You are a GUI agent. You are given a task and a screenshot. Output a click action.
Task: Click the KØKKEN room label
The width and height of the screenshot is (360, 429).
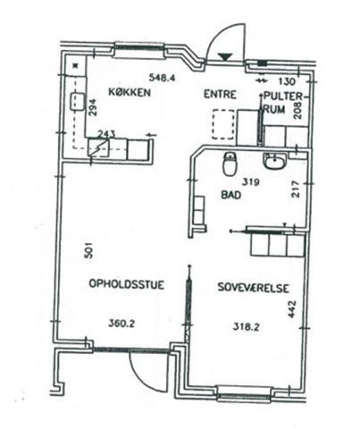pyautogui.click(x=130, y=92)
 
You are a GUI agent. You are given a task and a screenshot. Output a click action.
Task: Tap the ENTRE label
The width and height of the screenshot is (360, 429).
pyautogui.click(x=220, y=95)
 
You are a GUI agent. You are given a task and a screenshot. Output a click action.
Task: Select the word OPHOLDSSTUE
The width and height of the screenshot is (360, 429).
pyautogui.click(x=127, y=284)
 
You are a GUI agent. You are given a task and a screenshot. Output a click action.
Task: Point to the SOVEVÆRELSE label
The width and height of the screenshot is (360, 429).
pyautogui.click(x=253, y=288)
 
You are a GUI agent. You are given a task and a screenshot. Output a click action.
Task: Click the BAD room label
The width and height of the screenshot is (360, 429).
pyautogui.click(x=231, y=195)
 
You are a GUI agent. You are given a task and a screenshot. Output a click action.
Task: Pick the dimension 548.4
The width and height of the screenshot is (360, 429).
pyautogui.click(x=163, y=78)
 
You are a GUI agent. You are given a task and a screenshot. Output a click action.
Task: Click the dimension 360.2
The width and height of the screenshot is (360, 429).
pyautogui.click(x=121, y=323)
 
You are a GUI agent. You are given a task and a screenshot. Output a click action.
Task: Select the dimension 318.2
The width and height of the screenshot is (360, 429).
pyautogui.click(x=246, y=327)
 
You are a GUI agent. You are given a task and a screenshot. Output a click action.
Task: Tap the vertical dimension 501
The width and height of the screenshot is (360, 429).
pyautogui.click(x=89, y=250)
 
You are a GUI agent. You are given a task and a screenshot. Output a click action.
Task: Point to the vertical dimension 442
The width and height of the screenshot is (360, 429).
pyautogui.click(x=292, y=309)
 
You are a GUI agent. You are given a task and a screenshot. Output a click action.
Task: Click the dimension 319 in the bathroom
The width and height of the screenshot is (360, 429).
pyautogui.click(x=250, y=181)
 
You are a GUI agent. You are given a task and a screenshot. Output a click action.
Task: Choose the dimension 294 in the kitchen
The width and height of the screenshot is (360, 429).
pyautogui.click(x=93, y=107)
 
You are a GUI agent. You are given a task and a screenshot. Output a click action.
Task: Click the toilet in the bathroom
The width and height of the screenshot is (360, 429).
pyautogui.click(x=230, y=164)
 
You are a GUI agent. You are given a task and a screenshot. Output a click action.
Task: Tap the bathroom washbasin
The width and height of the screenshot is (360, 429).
pyautogui.click(x=274, y=161)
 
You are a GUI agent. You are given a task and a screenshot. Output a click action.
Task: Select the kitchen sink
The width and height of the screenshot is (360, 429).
pyautogui.click(x=77, y=102)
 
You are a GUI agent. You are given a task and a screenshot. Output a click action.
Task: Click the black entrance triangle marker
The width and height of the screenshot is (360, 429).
pyautogui.click(x=225, y=56)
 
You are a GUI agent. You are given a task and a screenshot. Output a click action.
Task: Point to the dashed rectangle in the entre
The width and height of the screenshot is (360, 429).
pyautogui.click(x=223, y=124)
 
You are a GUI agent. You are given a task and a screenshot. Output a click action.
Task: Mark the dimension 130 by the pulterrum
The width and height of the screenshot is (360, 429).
pyautogui.click(x=287, y=81)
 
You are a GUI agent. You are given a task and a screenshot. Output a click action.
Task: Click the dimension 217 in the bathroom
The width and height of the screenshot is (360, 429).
pyautogui.click(x=296, y=189)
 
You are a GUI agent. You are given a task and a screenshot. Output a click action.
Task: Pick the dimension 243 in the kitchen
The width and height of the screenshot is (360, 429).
pyautogui.click(x=106, y=134)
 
